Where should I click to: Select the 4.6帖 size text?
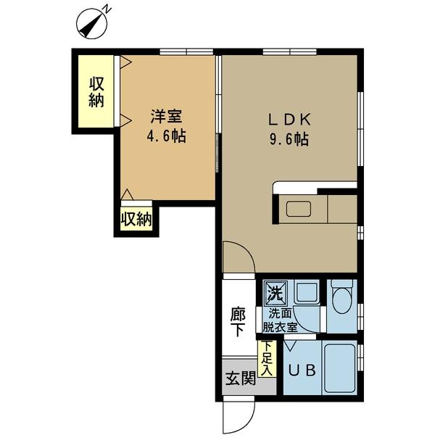[x=166, y=136]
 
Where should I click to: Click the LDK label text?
[x=290, y=117]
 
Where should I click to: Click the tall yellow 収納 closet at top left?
[x=96, y=91]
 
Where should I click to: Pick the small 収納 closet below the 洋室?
[x=136, y=219]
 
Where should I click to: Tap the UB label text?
[x=302, y=370]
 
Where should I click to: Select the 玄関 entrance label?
[x=239, y=378]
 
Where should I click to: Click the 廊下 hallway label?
[x=238, y=322]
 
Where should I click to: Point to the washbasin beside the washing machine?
[x=307, y=293]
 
